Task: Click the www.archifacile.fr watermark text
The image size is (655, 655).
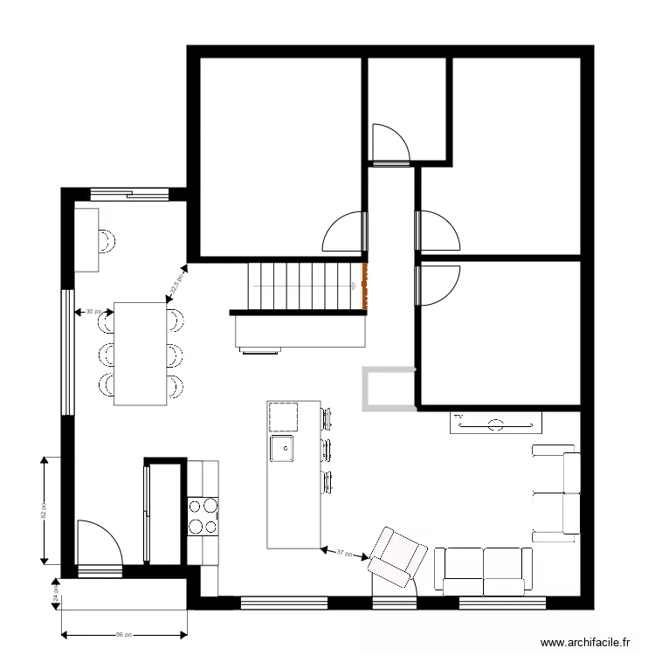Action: coord(585,642)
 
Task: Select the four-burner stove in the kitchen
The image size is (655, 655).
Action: coord(203,514)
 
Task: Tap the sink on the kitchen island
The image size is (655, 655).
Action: coord(282,450)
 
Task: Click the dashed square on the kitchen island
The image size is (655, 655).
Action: coord(282,417)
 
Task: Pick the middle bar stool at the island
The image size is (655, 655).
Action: coord(327,450)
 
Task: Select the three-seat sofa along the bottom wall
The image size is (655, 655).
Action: coord(483,569)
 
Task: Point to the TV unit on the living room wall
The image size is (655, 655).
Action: coord(496,424)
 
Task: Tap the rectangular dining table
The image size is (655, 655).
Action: coord(140,353)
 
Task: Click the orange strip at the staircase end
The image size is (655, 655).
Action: coord(365,286)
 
